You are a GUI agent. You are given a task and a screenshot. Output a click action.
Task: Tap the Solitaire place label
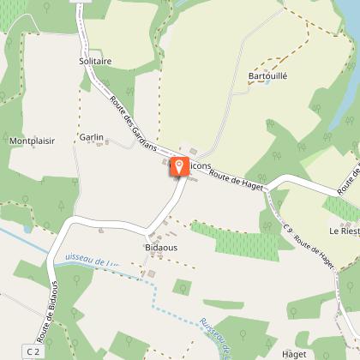(95, 62)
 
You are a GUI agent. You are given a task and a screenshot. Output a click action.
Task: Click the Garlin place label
(90, 136)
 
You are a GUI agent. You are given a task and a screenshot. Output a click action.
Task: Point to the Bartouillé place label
(267, 75)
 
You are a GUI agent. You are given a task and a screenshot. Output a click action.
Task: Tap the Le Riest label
(344, 231)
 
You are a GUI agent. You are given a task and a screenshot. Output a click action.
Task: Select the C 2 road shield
(33, 351)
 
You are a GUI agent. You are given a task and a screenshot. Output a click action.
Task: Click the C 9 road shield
(288, 229)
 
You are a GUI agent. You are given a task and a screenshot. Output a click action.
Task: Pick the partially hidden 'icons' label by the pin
(200, 165)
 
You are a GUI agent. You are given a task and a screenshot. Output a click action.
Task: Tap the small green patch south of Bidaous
(181, 286)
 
